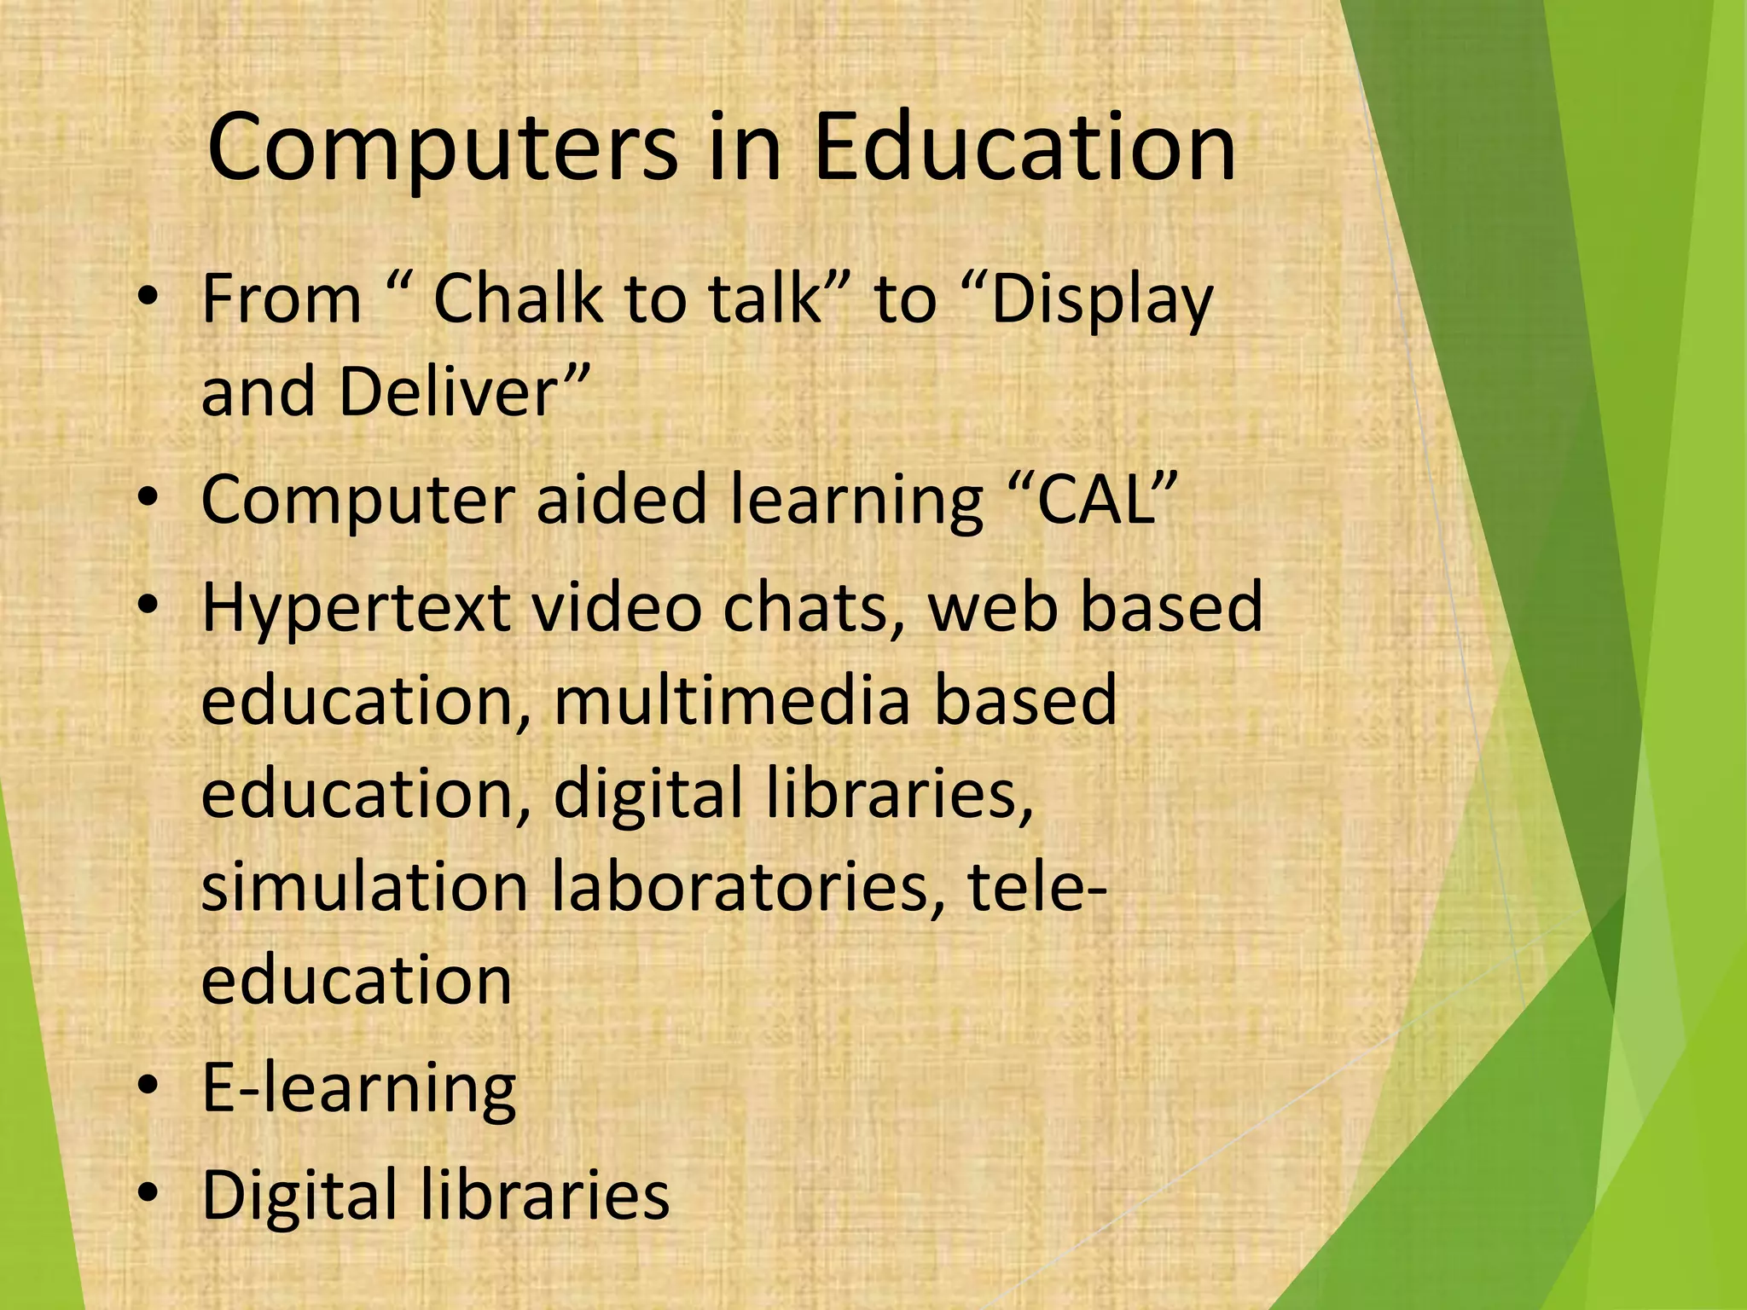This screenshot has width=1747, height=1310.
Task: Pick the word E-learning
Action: point(359,1089)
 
